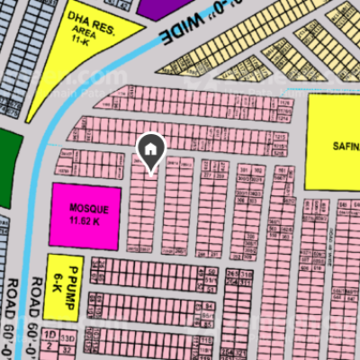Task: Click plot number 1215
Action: [280, 136]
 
